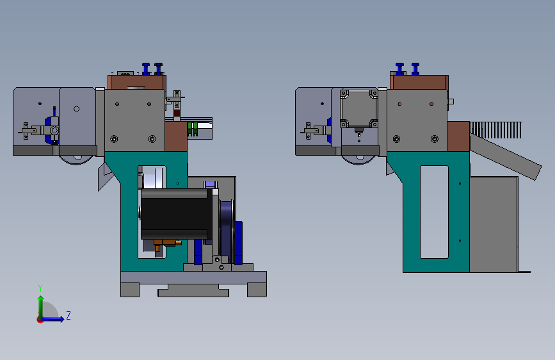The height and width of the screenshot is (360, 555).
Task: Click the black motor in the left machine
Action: (x=176, y=214)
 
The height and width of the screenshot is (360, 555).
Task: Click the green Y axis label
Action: (x=40, y=288)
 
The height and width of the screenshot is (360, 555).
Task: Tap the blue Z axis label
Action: (x=68, y=315)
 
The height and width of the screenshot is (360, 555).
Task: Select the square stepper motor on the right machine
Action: (x=358, y=108)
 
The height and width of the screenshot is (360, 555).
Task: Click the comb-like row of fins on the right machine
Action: (x=496, y=130)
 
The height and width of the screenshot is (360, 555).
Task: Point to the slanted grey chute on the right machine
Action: (x=506, y=156)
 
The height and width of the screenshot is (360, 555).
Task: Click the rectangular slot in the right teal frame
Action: (x=434, y=212)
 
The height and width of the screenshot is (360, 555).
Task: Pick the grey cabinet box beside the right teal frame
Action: (x=494, y=224)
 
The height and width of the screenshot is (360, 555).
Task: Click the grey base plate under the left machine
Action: (x=193, y=277)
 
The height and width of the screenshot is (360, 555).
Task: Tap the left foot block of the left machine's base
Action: (x=130, y=290)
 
